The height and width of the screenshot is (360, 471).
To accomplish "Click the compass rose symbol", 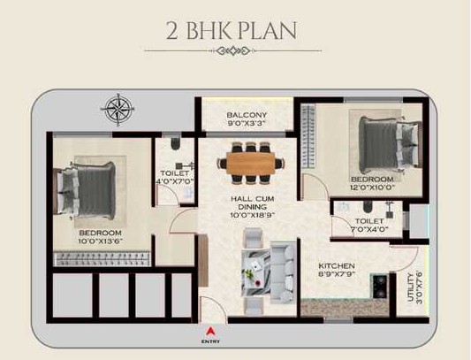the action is pyautogui.click(x=118, y=110).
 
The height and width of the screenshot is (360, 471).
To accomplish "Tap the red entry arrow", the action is pyautogui.click(x=210, y=331).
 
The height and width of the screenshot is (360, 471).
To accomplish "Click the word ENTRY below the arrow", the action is pyautogui.click(x=210, y=341).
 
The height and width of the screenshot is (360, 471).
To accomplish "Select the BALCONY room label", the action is pyautogui.click(x=247, y=115).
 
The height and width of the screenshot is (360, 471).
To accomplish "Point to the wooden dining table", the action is pyautogui.click(x=250, y=164).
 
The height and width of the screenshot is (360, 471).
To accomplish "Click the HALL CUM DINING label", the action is pyautogui.click(x=253, y=203).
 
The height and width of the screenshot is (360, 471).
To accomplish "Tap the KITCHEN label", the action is pyautogui.click(x=337, y=266).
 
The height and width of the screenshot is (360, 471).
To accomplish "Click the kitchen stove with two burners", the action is pyautogui.click(x=380, y=286).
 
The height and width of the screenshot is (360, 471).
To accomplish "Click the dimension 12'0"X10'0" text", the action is pyautogui.click(x=372, y=188).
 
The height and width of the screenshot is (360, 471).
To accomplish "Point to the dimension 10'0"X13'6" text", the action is pyautogui.click(x=101, y=241).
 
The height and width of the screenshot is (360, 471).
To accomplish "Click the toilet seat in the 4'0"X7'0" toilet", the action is pyautogui.click(x=175, y=144).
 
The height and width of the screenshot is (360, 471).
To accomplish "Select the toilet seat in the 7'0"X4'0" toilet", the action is pyautogui.click(x=367, y=207).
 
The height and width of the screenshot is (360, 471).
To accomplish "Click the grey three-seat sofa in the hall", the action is pyautogui.click(x=283, y=272).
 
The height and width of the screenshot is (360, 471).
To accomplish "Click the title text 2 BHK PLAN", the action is pyautogui.click(x=232, y=31).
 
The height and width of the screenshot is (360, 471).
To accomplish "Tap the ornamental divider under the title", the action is pyautogui.click(x=233, y=50).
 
